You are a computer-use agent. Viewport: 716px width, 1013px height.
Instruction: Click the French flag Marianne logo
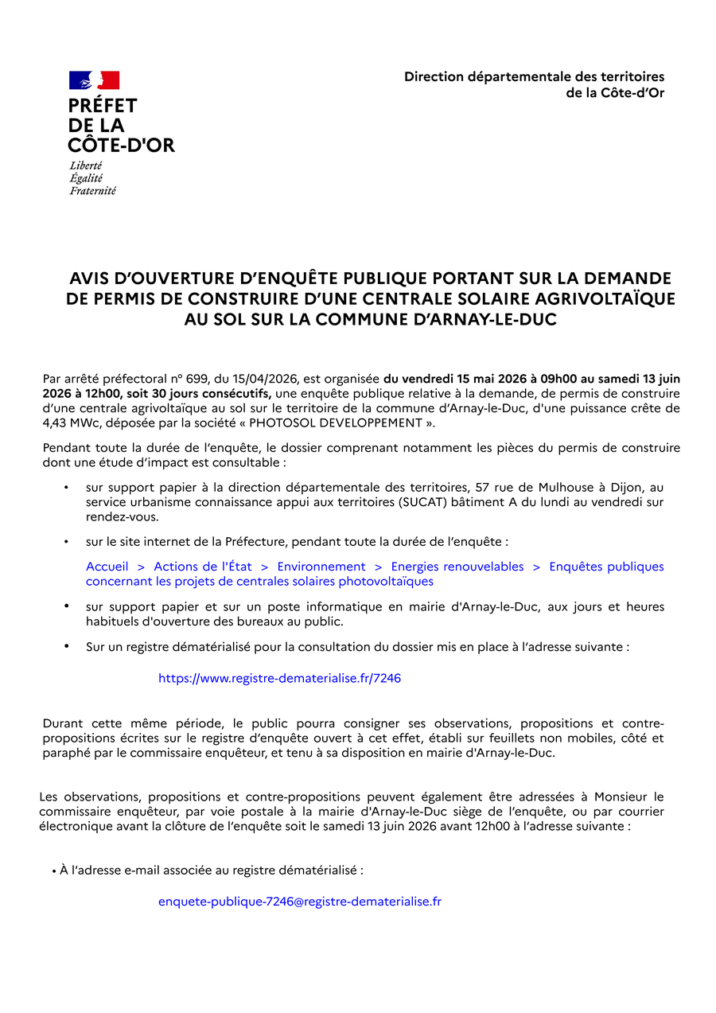point(94,80)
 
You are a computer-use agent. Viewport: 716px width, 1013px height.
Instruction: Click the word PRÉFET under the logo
point(103,106)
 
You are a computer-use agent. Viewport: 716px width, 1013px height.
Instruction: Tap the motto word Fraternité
point(92,191)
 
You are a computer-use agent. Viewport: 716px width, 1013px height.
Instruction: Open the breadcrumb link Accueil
point(107,567)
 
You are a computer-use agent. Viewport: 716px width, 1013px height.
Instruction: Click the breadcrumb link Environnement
point(321,567)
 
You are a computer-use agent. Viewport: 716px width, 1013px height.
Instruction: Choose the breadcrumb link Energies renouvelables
point(457,567)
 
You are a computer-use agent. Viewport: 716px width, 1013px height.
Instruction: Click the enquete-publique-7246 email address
point(300,902)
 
